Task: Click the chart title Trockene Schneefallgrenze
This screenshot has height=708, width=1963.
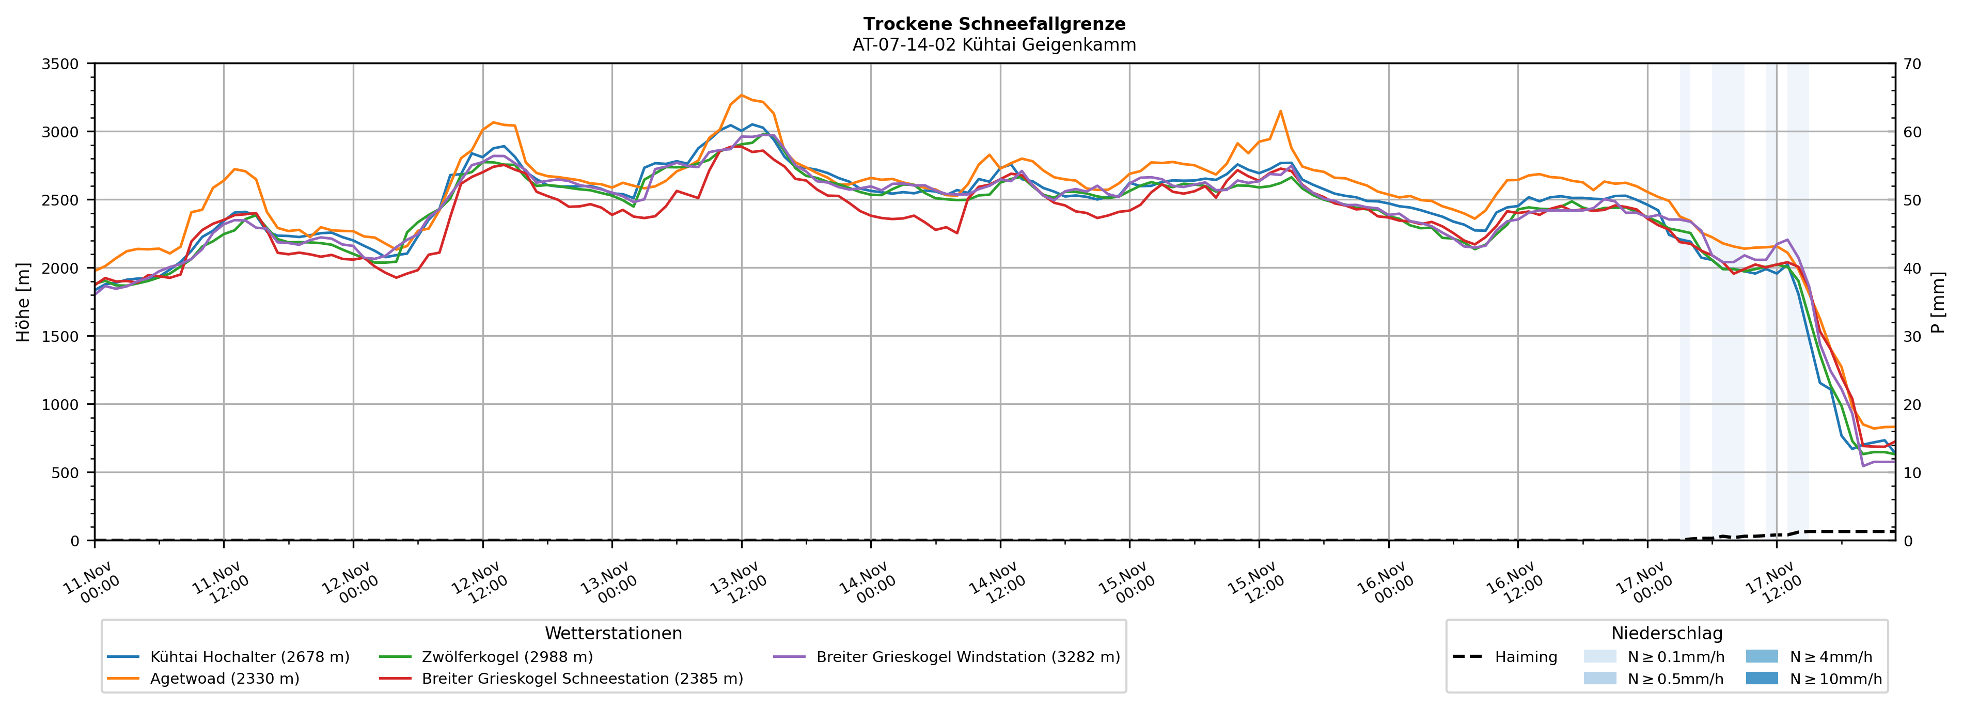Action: tap(994, 24)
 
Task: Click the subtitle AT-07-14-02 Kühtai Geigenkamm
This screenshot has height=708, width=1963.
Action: tap(994, 45)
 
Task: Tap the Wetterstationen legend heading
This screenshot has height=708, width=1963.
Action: tap(614, 633)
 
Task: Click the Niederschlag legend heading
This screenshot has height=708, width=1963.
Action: tap(1667, 633)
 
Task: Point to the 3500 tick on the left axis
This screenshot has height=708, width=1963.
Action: tap(60, 64)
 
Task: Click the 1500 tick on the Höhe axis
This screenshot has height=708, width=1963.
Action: tap(60, 337)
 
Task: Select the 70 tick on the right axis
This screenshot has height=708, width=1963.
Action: tap(1912, 64)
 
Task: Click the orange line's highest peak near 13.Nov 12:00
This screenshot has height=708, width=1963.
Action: tap(742, 95)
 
